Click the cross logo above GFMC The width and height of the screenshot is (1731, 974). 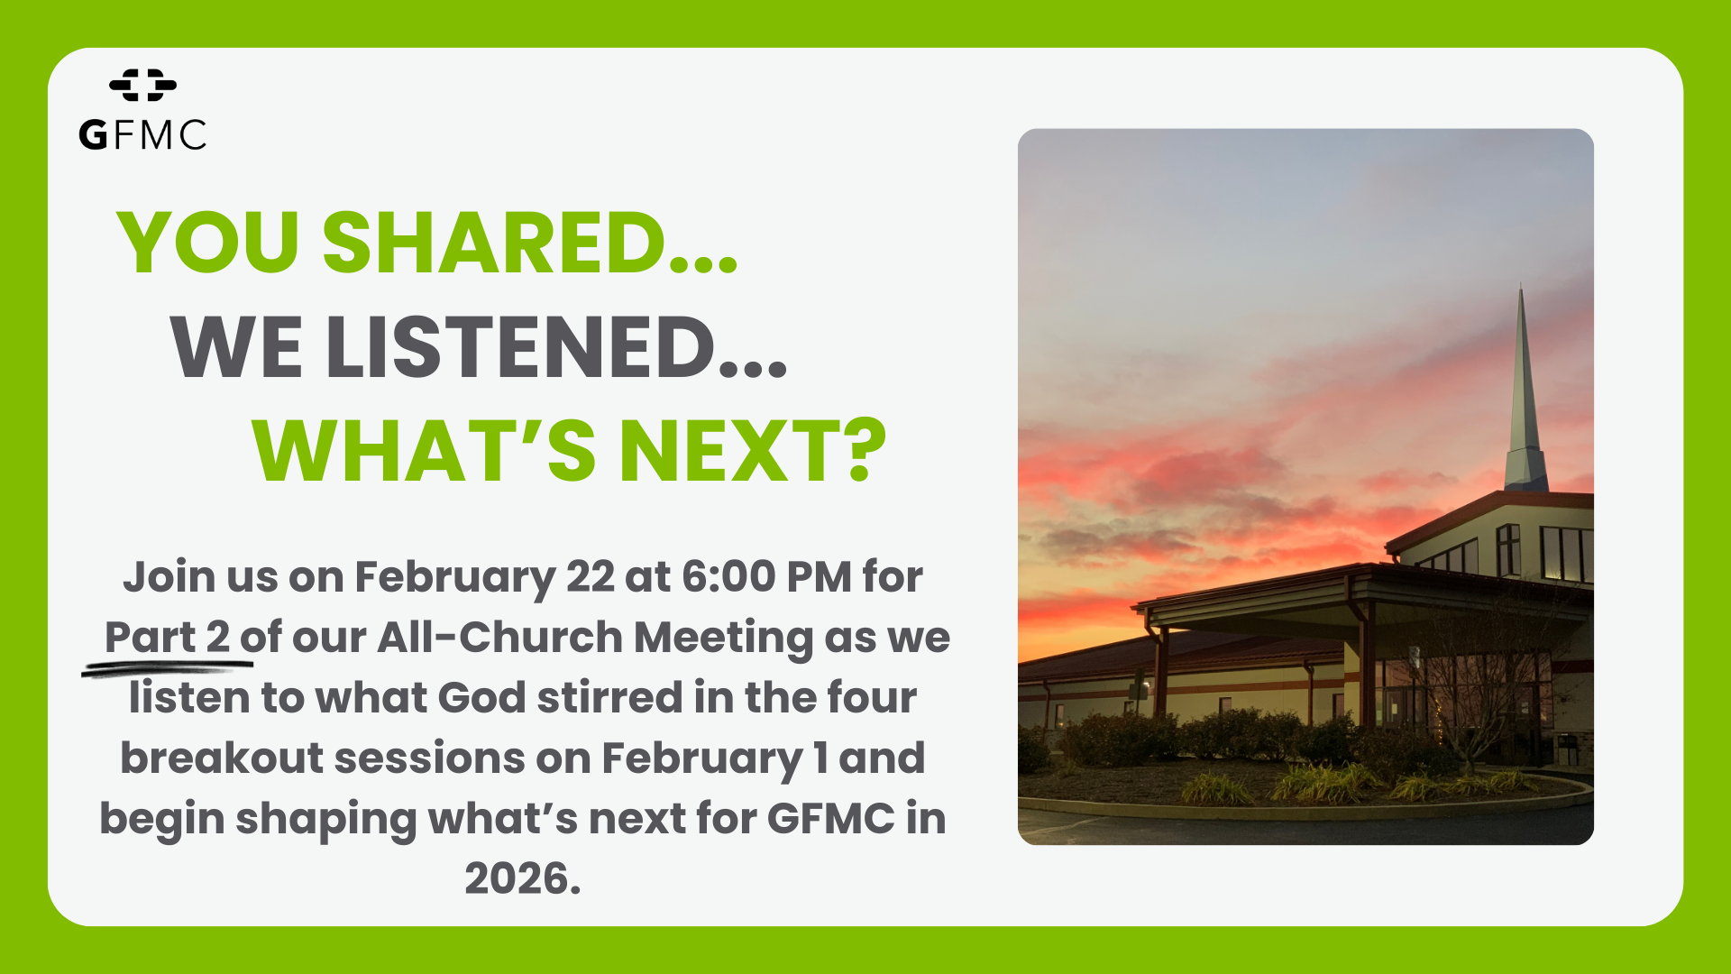pos(142,85)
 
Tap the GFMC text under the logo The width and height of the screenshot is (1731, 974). pos(142,135)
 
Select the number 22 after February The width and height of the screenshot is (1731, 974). pos(590,576)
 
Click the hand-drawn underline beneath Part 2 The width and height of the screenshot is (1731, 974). pos(168,667)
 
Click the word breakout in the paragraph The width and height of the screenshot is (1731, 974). pos(222,758)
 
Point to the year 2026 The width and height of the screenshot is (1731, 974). pos(522,878)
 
